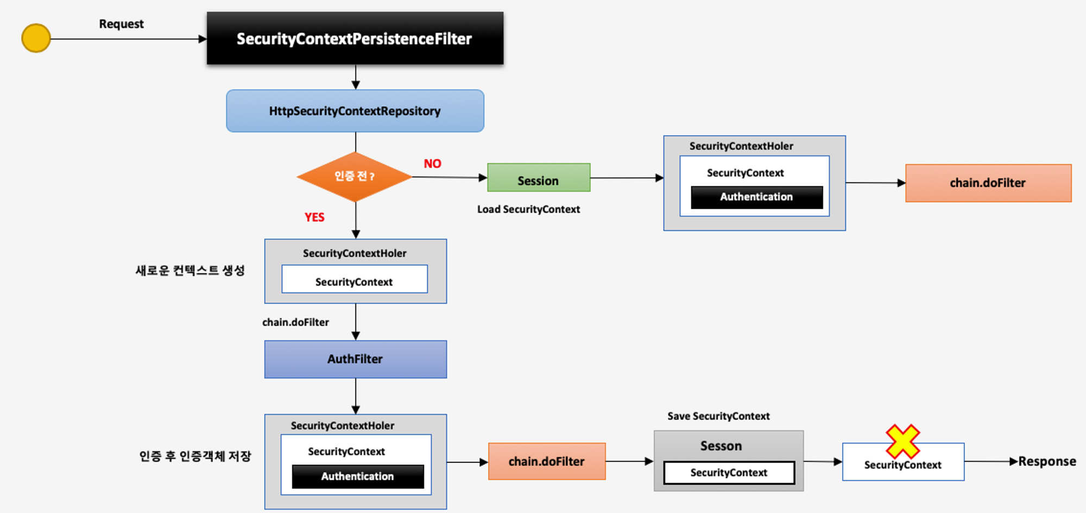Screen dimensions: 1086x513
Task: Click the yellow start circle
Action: [36, 38]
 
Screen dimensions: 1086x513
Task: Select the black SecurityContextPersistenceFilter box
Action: [355, 38]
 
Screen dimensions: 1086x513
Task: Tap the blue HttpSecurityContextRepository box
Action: [355, 111]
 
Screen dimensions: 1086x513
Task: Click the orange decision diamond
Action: [355, 177]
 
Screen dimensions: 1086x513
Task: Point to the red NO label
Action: [433, 164]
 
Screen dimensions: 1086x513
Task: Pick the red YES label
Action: [314, 217]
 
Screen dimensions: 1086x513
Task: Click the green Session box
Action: [539, 178]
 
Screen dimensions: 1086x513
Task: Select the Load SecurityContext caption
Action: [528, 209]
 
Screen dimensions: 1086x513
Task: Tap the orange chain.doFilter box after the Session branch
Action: [988, 183]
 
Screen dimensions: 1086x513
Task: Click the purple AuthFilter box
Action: [356, 359]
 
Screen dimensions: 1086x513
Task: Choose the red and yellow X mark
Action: [902, 441]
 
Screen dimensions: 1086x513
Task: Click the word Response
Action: [1047, 461]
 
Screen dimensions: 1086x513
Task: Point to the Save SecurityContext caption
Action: [718, 416]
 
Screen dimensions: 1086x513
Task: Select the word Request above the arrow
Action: [121, 24]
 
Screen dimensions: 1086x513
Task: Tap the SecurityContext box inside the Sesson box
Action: [729, 473]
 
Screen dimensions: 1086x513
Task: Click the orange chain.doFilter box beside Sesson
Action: [547, 461]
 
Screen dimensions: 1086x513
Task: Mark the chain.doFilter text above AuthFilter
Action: [295, 322]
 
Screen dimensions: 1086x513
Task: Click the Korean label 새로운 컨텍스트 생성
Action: [190, 271]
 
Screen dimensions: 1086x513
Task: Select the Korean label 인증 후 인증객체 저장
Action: [195, 456]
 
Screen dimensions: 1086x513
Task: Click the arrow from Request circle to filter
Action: [129, 39]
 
